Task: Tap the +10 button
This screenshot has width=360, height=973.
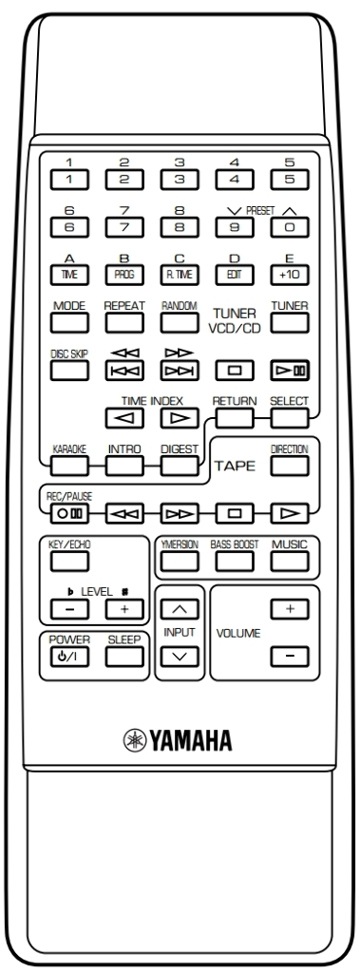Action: [290, 275]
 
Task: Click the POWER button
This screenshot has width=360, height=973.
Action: [69, 657]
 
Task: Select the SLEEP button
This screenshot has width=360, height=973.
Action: [124, 657]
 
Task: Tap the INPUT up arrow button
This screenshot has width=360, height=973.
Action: [180, 609]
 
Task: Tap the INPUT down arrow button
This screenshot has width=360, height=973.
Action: [180, 657]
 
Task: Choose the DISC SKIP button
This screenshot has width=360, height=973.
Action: [69, 370]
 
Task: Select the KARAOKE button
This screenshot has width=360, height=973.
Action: [69, 465]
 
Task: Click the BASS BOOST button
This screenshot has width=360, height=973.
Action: [235, 561]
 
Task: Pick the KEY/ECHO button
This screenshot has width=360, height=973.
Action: [69, 561]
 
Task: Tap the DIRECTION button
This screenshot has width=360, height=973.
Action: [290, 465]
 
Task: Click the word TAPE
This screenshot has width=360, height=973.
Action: [236, 466]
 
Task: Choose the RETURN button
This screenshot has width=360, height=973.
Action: [235, 418]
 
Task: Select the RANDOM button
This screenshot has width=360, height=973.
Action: [180, 323]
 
